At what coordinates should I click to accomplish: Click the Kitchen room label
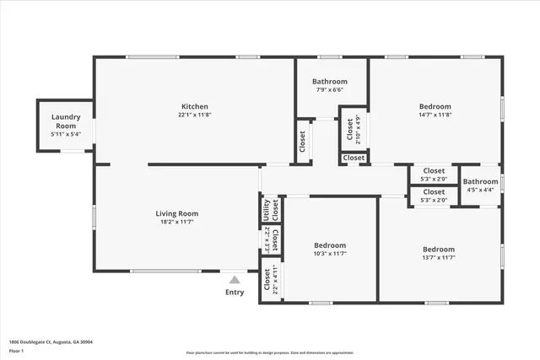[x=194, y=106]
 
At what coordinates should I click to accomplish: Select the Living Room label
[x=176, y=213]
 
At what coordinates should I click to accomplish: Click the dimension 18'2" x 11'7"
[x=176, y=223]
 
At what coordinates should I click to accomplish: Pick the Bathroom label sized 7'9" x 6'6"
[x=331, y=81]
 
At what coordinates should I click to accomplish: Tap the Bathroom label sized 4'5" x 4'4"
[x=480, y=181]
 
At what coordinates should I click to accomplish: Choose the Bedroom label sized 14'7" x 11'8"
[x=435, y=106]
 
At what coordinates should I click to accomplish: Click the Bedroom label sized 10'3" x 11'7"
[x=329, y=244]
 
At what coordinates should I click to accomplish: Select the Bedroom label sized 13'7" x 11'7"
[x=439, y=250]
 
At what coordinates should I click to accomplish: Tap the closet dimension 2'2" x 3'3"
[x=267, y=239]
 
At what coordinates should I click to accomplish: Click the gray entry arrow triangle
[x=235, y=280]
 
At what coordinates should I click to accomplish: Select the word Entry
[x=235, y=293]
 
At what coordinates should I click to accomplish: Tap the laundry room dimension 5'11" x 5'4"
[x=65, y=134]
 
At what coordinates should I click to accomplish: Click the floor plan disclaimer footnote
[x=269, y=352]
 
